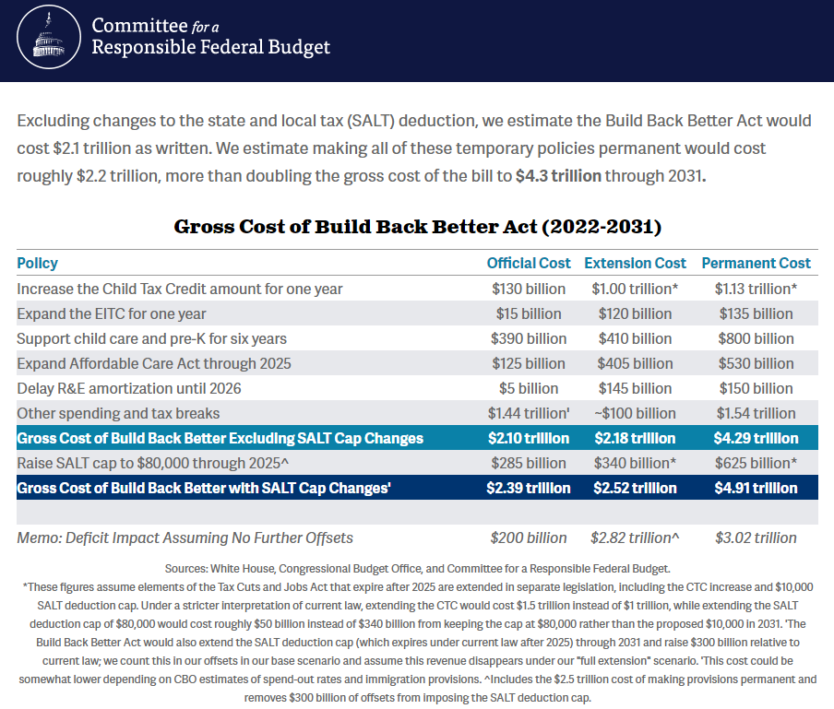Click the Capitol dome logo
(49, 37)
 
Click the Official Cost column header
(528, 263)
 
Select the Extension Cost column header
(635, 263)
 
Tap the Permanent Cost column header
(756, 263)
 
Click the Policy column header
(37, 263)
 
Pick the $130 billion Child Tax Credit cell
(528, 289)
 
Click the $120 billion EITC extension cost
(635, 313)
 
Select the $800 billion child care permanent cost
(756, 338)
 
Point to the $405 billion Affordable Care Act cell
(635, 363)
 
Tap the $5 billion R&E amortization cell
(528, 388)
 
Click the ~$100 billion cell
(635, 413)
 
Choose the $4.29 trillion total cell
(756, 438)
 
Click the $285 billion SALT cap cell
(528, 463)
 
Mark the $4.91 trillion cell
(756, 488)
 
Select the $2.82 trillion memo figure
(635, 538)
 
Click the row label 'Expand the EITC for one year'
(111, 313)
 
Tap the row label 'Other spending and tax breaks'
(118, 413)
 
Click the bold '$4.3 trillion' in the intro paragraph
(558, 176)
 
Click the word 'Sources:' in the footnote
(186, 569)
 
